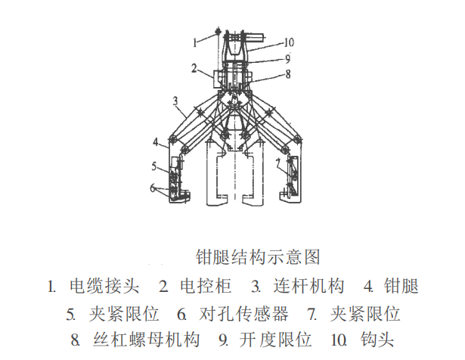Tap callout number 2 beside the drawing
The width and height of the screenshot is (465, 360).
(194, 69)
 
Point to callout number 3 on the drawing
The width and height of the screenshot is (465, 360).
(175, 100)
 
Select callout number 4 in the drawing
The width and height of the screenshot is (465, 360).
(154, 141)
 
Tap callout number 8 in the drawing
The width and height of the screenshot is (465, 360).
(287, 74)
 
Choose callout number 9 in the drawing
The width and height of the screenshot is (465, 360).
(288, 57)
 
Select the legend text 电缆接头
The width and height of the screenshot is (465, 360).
(104, 287)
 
